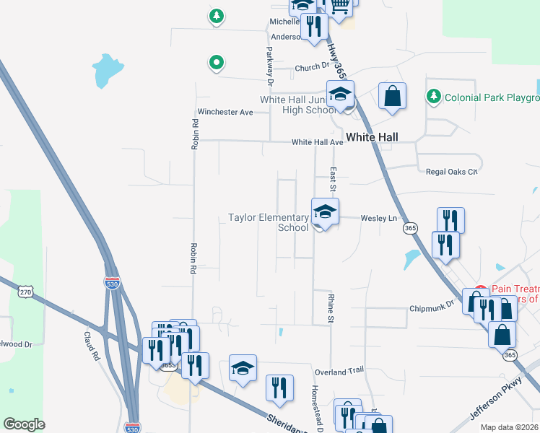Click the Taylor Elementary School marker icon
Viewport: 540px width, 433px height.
[325, 212]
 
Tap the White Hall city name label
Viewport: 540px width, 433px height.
[372, 137]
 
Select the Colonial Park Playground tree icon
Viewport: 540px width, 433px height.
[433, 96]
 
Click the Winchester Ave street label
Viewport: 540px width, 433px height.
[225, 112]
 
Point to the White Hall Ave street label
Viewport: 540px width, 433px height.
[317, 142]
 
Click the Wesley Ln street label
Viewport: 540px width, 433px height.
[379, 217]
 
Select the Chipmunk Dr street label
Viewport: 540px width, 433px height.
[431, 307]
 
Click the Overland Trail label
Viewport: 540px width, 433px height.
[339, 371]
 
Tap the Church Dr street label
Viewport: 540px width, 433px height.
[312, 69]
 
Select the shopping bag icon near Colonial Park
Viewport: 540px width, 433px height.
[392, 97]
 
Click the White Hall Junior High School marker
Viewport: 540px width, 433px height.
[340, 95]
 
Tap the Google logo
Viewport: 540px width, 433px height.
[24, 424]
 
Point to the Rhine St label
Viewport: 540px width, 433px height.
[331, 308]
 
